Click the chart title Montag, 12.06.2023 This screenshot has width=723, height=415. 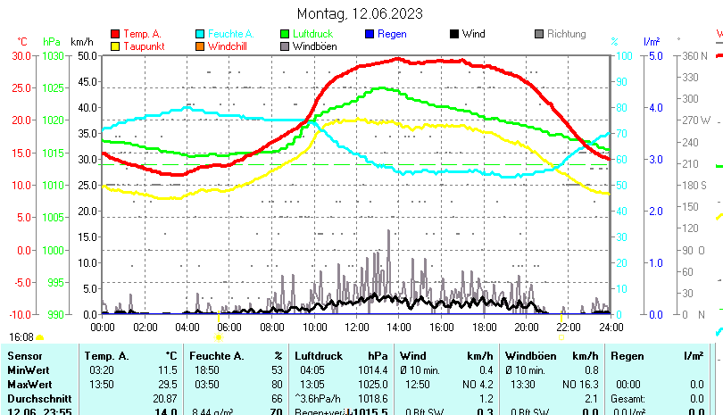pos(360,14)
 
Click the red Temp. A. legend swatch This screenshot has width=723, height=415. pos(114,34)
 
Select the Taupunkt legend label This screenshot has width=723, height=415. pos(144,46)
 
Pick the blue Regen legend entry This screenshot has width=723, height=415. pos(392,34)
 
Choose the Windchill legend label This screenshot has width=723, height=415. pos(229,46)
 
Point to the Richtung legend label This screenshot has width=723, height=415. pos(567,34)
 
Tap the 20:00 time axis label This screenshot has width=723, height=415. pos(526,328)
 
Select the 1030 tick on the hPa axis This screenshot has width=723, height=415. pos(53,55)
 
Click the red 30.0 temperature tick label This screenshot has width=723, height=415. pos(21,55)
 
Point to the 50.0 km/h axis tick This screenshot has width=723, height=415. pos(87,55)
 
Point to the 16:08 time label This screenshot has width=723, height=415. pos(21,337)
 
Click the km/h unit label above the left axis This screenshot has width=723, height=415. pos(81,42)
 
